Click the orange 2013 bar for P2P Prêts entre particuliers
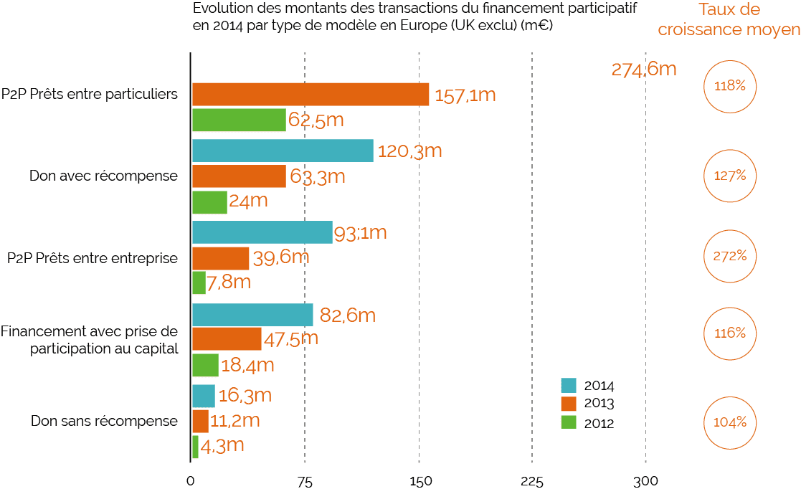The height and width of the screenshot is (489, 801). pyautogui.click(x=311, y=95)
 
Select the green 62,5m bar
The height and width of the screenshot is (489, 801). pyautogui.click(x=239, y=120)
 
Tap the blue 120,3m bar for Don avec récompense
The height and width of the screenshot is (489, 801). pyautogui.click(x=283, y=151)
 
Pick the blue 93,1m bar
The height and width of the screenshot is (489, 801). pyautogui.click(x=262, y=232)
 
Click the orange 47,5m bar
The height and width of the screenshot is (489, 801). pyautogui.click(x=227, y=338)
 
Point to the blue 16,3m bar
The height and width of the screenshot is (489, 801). pyautogui.click(x=203, y=396)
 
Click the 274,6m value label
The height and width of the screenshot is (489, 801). pyautogui.click(x=644, y=70)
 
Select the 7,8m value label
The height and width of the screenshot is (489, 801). pyautogui.click(x=229, y=283)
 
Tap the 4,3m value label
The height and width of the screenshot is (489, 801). pyautogui.click(x=222, y=445)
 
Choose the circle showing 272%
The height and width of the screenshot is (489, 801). pyautogui.click(x=731, y=255)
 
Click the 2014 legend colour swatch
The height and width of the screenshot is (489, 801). pyautogui.click(x=569, y=385)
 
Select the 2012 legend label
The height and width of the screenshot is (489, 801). pyautogui.click(x=599, y=423)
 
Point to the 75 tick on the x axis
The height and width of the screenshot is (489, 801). pyautogui.click(x=305, y=481)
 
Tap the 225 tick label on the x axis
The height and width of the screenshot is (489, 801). pyautogui.click(x=531, y=481)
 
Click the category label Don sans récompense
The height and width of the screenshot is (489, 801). pyautogui.click(x=104, y=421)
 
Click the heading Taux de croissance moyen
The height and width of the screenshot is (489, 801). pyautogui.click(x=729, y=20)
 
